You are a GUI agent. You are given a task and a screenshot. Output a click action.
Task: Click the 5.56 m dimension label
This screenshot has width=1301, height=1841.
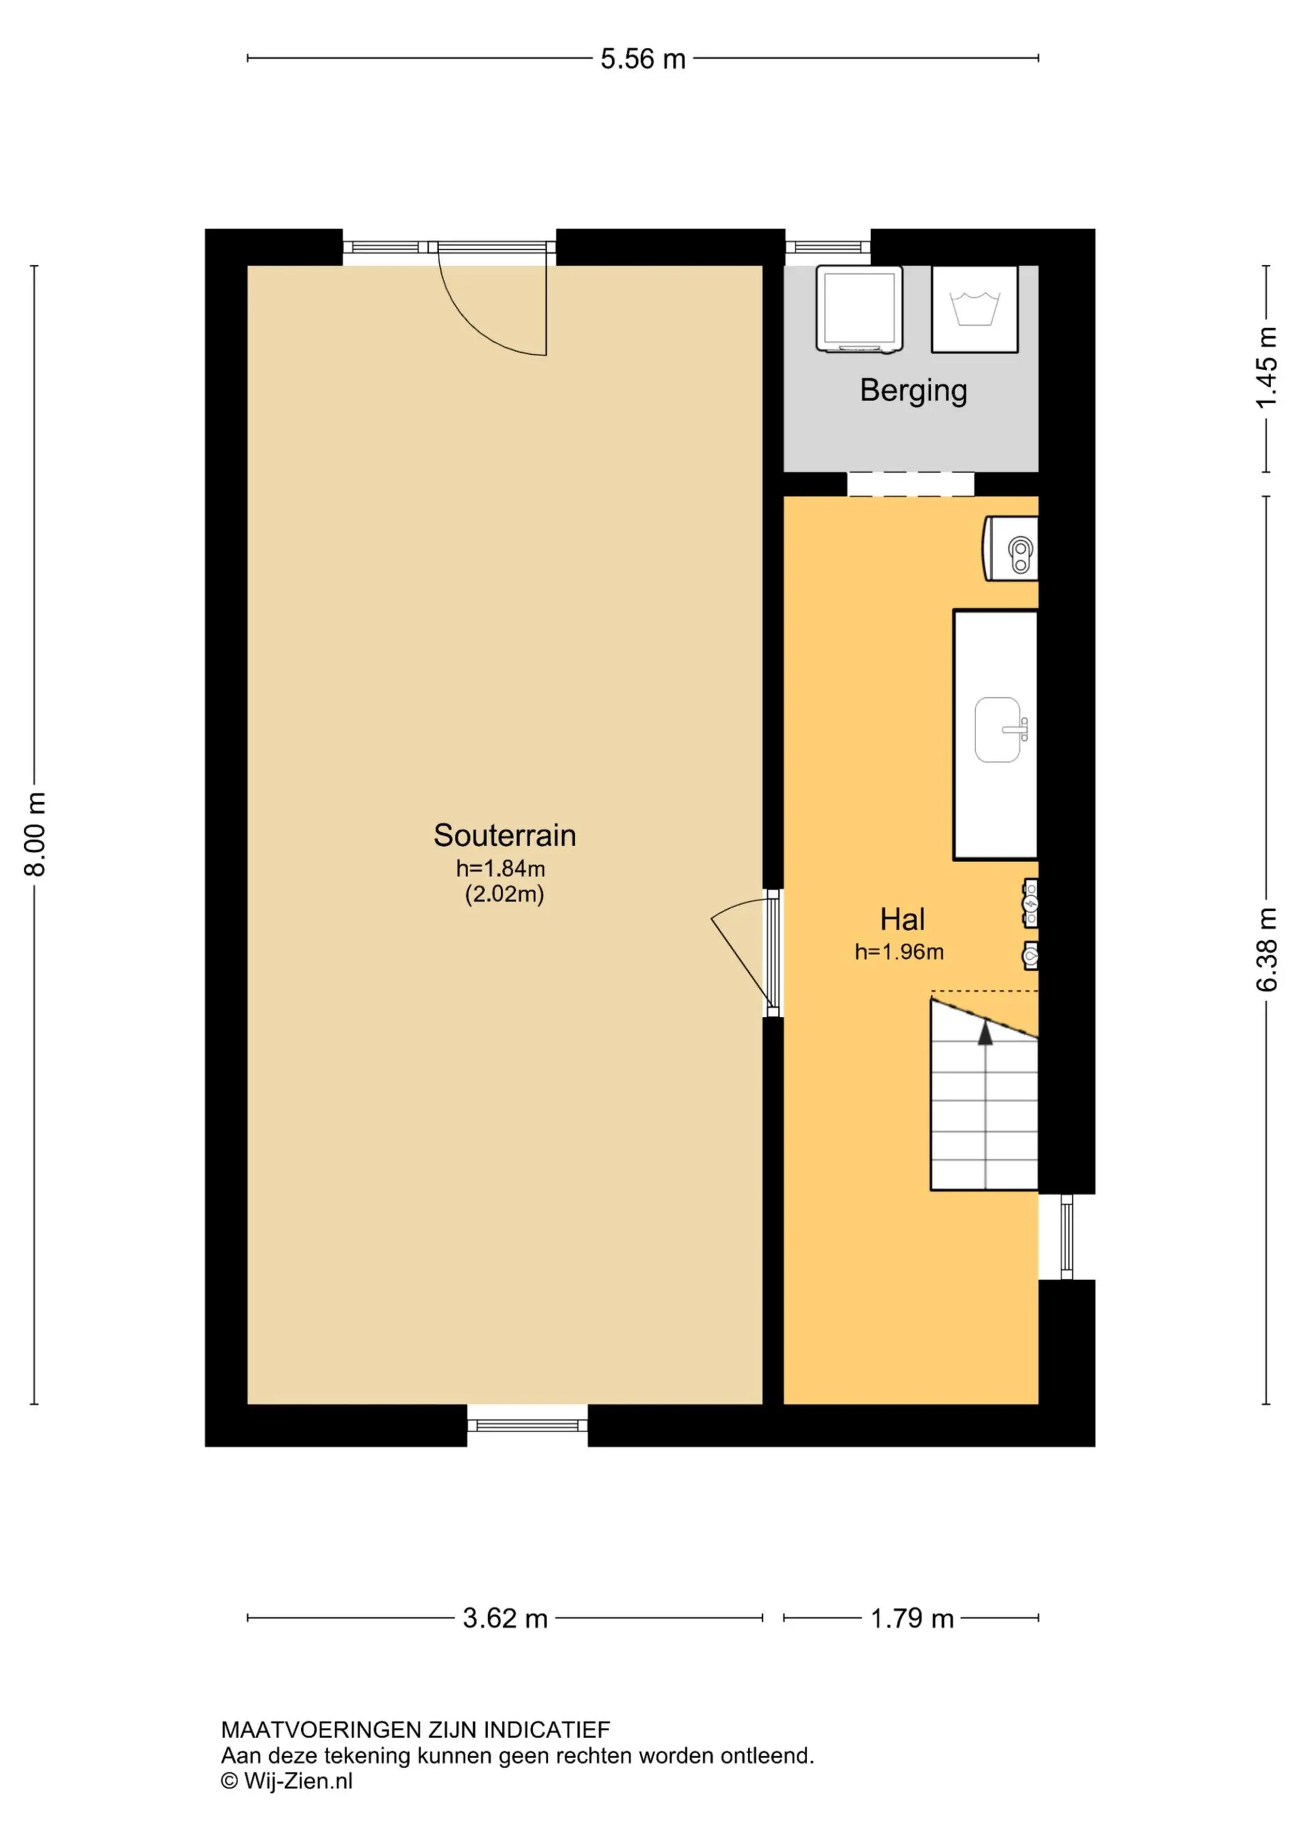[643, 58]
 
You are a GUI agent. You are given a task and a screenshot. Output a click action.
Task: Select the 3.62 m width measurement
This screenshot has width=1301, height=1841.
[505, 1618]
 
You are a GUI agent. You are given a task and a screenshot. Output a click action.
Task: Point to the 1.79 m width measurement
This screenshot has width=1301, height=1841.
[912, 1618]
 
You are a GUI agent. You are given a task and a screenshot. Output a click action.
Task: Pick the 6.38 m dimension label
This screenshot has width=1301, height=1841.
[1267, 949]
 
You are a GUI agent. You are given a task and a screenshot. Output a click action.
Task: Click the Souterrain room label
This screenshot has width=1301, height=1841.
[505, 835]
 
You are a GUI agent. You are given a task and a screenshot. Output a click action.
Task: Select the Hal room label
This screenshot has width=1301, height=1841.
[903, 919]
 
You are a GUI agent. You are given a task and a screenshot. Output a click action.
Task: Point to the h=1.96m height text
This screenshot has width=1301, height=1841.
[899, 952]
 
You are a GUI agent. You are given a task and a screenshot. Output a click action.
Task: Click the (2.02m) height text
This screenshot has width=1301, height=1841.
[504, 894]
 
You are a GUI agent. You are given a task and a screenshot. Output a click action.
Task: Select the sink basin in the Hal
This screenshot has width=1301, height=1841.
[999, 730]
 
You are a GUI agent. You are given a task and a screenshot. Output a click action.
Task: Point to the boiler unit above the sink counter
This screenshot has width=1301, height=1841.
[1010, 549]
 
